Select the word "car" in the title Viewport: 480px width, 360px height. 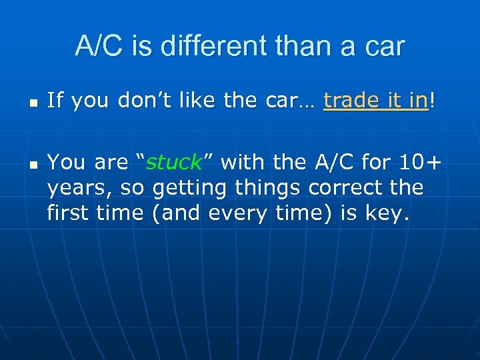(384, 47)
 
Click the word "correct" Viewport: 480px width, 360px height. (342, 187)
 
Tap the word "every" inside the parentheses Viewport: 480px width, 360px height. (239, 213)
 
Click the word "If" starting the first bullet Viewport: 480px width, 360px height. (55, 101)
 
